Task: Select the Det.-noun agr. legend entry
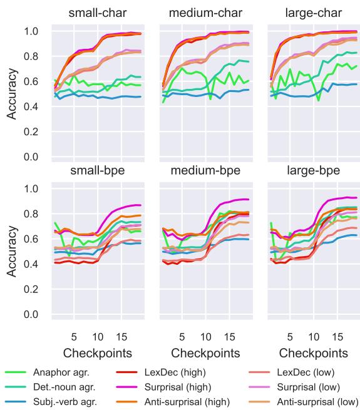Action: click(x=64, y=387)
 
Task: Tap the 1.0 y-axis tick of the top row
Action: click(x=31, y=31)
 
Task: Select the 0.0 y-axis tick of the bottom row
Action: click(x=31, y=314)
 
